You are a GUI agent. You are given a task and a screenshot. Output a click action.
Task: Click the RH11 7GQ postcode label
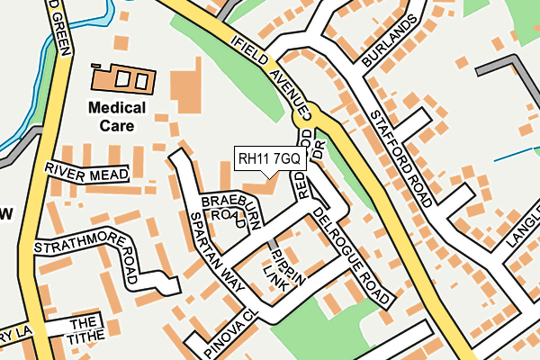(270, 158)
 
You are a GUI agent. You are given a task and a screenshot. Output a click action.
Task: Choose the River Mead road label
(86, 172)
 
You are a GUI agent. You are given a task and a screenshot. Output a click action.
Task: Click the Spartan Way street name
(216, 250)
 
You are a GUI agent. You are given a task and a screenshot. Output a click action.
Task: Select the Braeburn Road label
(224, 207)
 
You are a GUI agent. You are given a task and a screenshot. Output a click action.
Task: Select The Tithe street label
(82, 329)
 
